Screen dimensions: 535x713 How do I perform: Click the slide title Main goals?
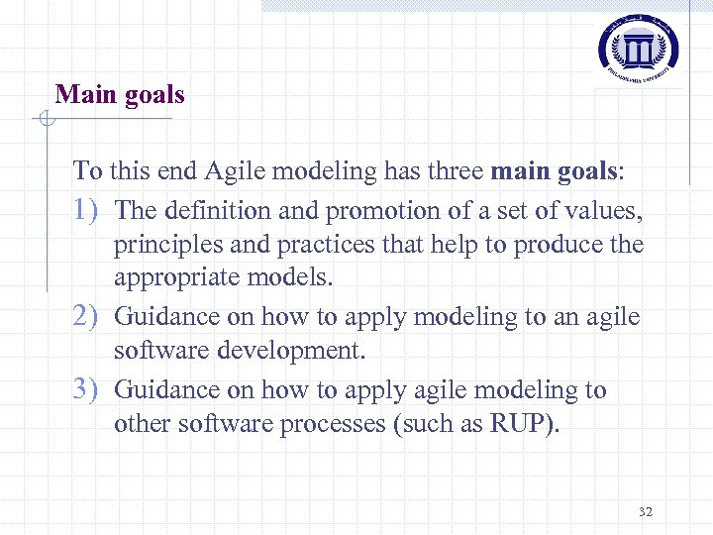pyautogui.click(x=120, y=95)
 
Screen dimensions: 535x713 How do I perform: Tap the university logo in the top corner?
pyautogui.click(x=639, y=47)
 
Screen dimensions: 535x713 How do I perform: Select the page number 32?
pyautogui.click(x=646, y=512)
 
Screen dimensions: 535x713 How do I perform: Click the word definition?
pyautogui.click(x=214, y=210)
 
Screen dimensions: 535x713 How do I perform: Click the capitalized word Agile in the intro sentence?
pyautogui.click(x=234, y=171)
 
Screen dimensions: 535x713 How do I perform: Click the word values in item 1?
pyautogui.click(x=606, y=210)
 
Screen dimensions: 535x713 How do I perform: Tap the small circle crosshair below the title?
pyautogui.click(x=45, y=120)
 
